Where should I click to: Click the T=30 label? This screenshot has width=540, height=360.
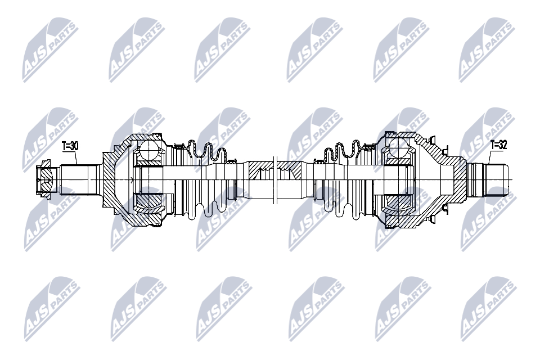click(x=70, y=146)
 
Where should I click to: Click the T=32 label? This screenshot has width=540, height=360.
click(x=499, y=145)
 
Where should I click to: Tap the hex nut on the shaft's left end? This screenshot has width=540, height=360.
click(x=43, y=179)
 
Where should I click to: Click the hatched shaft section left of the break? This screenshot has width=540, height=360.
click(x=260, y=170)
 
